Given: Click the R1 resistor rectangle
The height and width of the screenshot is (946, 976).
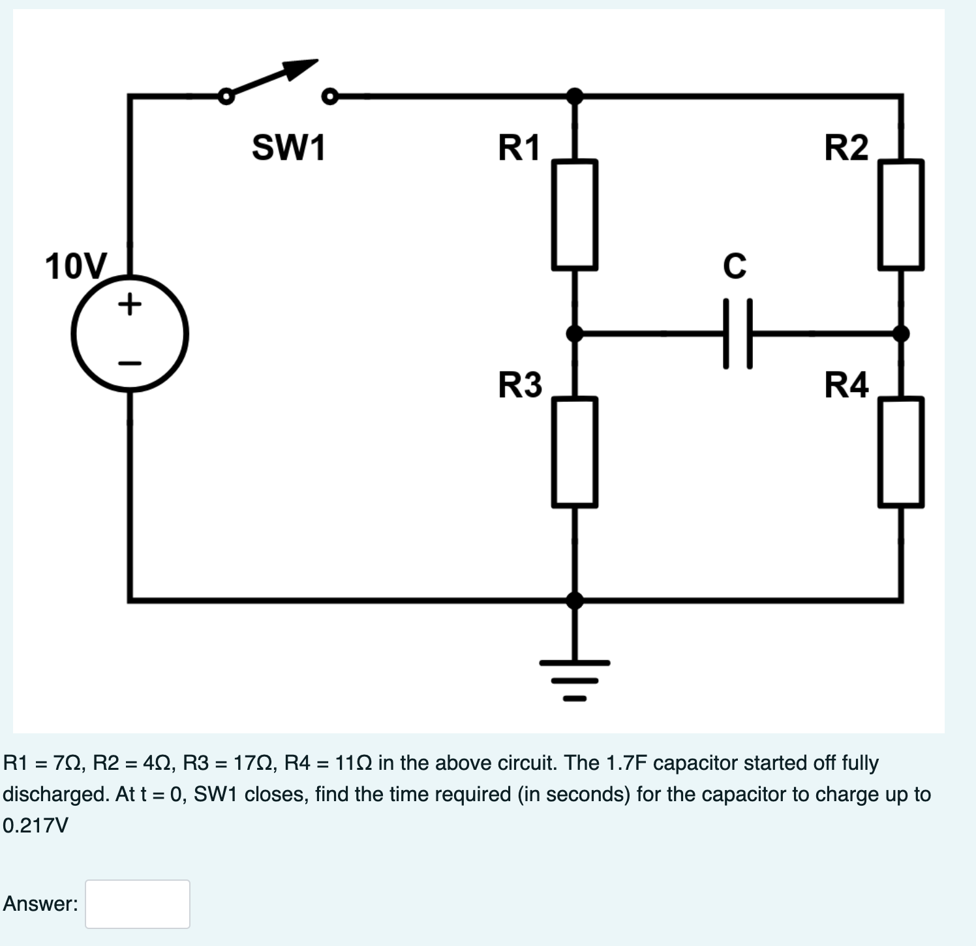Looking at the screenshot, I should pyautogui.click(x=574, y=215).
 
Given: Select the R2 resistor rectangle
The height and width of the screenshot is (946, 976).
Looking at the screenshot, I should pyautogui.click(x=900, y=215).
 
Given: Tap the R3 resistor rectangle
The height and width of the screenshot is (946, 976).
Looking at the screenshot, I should pyautogui.click(x=574, y=452).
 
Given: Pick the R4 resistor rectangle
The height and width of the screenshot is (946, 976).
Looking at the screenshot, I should pyautogui.click(x=900, y=452).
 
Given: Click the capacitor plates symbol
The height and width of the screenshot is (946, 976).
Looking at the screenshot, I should pyautogui.click(x=737, y=333).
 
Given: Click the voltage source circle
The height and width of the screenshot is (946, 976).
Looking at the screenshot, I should pyautogui.click(x=130, y=334).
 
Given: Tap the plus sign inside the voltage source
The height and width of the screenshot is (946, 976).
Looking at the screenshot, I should pyautogui.click(x=130, y=303).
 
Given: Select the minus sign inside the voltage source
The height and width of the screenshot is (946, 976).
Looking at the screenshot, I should pyautogui.click(x=130, y=363).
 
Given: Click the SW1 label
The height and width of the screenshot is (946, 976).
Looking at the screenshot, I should pyautogui.click(x=288, y=147).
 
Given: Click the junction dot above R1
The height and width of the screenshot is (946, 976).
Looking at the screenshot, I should pyautogui.click(x=574, y=97).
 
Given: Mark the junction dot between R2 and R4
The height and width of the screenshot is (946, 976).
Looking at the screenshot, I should pyautogui.click(x=900, y=333).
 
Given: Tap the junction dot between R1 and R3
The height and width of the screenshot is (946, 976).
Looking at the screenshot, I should pyautogui.click(x=574, y=333).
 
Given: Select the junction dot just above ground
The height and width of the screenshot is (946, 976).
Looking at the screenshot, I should pyautogui.click(x=574, y=600).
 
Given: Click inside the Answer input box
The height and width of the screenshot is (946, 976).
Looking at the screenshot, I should pyautogui.click(x=138, y=904).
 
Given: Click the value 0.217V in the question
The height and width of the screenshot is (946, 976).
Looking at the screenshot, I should pyautogui.click(x=35, y=825).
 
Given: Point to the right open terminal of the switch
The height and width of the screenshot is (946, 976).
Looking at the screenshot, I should pyautogui.click(x=330, y=97).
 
